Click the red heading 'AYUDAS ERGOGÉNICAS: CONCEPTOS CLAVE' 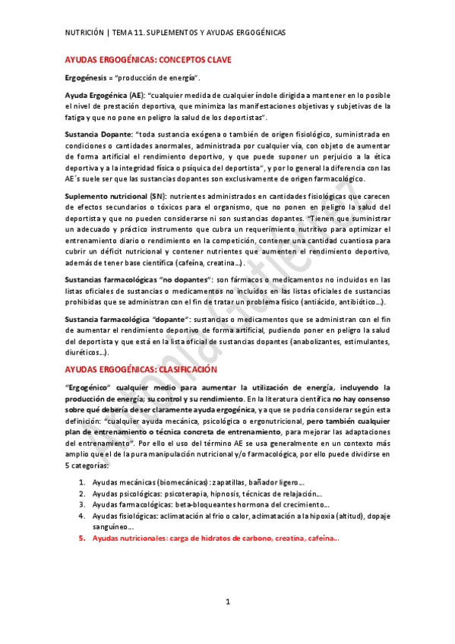click(x=148, y=59)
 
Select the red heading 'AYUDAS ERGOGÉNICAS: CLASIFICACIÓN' click(x=141, y=369)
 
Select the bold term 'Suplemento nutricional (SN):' click(x=115, y=197)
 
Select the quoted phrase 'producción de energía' click(x=166, y=78)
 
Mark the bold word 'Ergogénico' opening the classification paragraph click(x=88, y=387)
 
